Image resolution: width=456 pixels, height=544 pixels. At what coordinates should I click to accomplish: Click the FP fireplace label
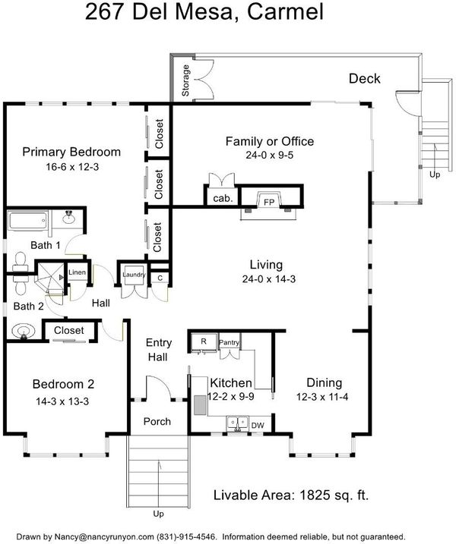pos(269,202)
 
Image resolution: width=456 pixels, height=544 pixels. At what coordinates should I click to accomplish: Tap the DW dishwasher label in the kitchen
pos(258,426)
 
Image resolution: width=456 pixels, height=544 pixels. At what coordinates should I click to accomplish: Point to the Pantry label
pos(229,342)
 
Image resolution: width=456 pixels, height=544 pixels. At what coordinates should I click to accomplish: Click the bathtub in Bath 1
pos(28,220)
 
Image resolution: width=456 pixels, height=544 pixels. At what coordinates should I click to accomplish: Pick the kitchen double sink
pos(237,423)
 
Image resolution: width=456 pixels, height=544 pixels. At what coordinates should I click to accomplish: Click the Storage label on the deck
pos(185,80)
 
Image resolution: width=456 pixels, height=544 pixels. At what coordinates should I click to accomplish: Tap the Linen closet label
pos(78,272)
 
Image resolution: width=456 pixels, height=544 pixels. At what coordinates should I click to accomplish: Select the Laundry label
pos(134,275)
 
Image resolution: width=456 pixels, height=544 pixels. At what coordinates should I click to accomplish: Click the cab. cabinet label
pos(223,199)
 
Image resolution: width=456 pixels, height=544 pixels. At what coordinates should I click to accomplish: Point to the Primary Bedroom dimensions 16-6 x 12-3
pos(72,167)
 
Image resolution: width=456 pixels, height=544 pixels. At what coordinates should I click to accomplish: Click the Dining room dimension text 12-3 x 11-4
pos(322,397)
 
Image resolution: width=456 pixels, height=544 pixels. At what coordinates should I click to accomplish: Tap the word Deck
pos(365,79)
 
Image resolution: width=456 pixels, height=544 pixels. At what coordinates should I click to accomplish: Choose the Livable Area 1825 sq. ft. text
pos(291,495)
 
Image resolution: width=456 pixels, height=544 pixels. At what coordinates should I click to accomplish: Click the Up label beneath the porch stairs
pos(159,514)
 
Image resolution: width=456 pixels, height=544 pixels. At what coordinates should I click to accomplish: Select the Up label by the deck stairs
pos(435,175)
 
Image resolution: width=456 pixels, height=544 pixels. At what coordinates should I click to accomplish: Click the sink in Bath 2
pos(24,332)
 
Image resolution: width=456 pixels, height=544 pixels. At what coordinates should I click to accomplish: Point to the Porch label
pos(157,422)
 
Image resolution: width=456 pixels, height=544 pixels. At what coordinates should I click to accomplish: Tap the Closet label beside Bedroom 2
pos(69,330)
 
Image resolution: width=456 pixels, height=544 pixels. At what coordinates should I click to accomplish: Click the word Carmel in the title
pos(285,11)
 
